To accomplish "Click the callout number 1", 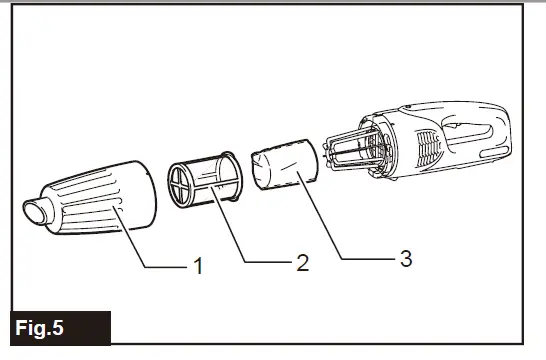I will pyautogui.click(x=198, y=267).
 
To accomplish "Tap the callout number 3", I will pyautogui.click(x=405, y=259).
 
